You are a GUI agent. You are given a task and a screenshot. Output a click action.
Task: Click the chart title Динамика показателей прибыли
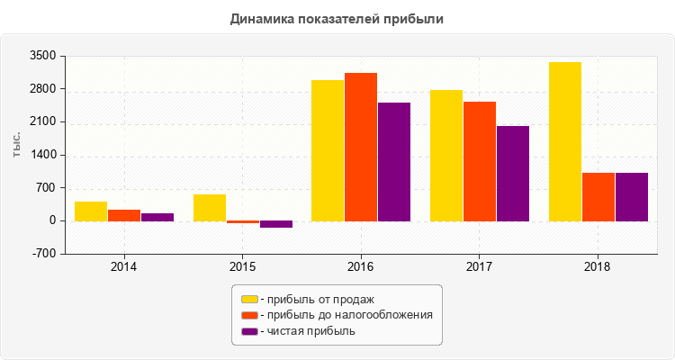(337, 18)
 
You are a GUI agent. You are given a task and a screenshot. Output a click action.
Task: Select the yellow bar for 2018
(564, 141)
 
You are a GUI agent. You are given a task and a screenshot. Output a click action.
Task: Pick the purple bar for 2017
(512, 173)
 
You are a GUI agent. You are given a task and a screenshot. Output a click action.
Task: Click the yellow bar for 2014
(91, 211)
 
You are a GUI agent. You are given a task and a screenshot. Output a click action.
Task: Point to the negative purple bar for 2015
(276, 224)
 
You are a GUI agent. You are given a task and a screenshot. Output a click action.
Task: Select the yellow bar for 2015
(210, 207)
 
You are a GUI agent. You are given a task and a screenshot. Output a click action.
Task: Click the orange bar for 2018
(598, 196)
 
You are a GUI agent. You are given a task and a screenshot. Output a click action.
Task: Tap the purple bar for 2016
(394, 161)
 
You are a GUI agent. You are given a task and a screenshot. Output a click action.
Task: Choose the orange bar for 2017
(479, 161)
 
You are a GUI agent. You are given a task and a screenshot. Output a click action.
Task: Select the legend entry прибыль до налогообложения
(346, 315)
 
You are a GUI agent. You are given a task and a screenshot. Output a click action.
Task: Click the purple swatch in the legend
(249, 331)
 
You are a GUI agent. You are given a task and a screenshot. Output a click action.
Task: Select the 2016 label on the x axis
(361, 267)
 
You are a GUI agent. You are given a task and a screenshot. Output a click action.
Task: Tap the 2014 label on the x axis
(124, 267)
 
